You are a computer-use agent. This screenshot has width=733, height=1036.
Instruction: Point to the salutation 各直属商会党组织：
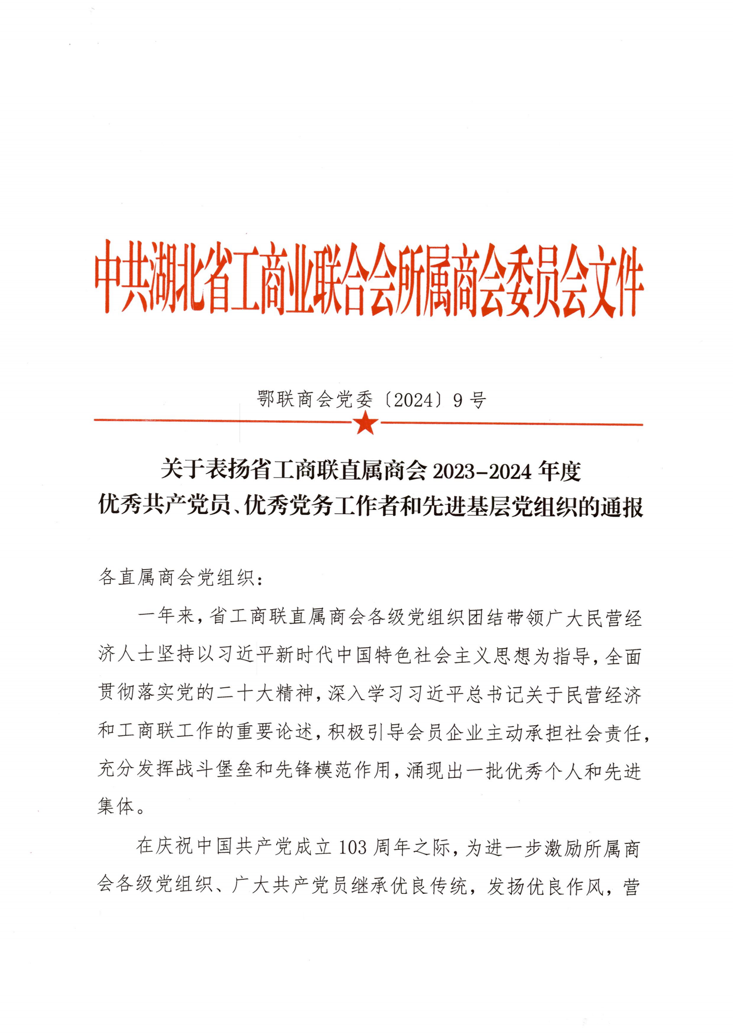tap(181, 577)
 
